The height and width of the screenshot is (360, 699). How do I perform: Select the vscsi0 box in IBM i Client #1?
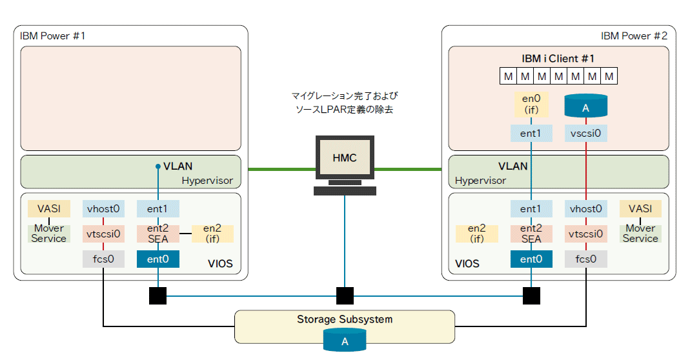586,134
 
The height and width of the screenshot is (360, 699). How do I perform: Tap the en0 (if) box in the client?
532,104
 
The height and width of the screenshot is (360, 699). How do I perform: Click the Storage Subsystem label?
345,319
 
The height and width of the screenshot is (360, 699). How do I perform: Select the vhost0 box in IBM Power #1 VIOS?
104,209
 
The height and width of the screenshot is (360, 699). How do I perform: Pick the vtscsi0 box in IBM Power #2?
586,234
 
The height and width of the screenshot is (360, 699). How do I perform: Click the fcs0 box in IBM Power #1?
104,259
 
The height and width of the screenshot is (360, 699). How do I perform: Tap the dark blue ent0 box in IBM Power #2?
532,259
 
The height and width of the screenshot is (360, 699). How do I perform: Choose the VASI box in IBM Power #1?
49,209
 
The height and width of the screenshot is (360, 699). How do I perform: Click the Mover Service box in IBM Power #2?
640,234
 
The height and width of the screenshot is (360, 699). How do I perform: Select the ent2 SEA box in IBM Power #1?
157,234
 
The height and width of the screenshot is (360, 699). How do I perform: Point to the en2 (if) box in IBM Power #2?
476,234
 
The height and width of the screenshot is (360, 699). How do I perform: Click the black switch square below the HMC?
345,296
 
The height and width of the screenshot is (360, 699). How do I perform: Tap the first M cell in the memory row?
509,77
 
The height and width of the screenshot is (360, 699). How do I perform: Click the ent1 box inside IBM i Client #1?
532,134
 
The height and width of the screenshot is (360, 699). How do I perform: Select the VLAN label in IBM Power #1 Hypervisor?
177,166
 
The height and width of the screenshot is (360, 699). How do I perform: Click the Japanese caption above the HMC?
345,103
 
